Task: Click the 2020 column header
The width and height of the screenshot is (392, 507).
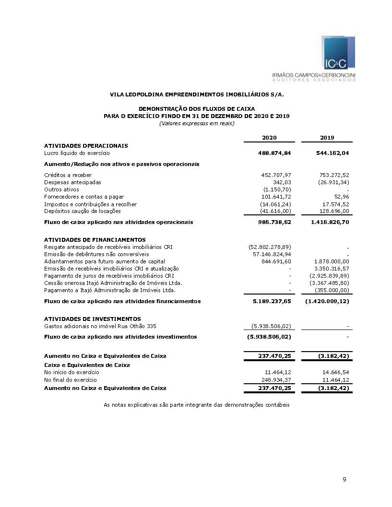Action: (269, 138)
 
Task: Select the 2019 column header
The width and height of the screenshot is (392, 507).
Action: (327, 138)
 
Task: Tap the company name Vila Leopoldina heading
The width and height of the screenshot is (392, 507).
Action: (197, 94)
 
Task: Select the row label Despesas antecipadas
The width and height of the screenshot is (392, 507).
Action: (72, 182)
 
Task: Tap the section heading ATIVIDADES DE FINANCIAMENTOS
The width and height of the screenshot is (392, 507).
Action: (95, 239)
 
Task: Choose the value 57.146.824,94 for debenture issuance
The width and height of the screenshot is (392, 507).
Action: (272, 254)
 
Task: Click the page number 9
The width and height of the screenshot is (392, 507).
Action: (344, 480)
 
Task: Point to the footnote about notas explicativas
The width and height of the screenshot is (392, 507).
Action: (197, 405)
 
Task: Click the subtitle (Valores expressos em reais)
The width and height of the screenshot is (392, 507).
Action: (197, 123)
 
